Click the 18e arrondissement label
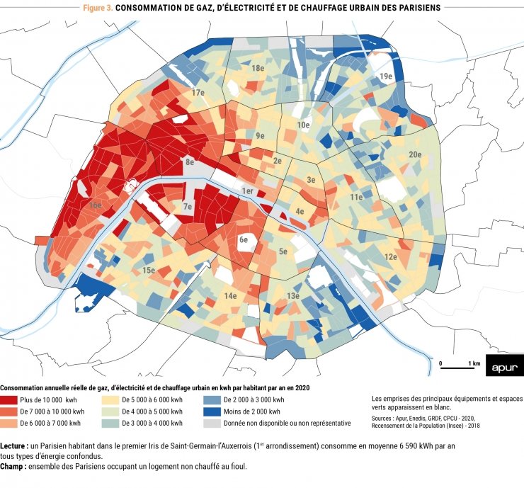coord(257,69)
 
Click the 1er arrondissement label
coord(247,191)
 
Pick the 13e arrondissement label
coord(292,295)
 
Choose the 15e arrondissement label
coord(148,271)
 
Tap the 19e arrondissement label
coord(385,76)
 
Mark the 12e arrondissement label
coord(390,256)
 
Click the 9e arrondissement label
coord(260,135)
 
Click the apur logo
coord(504,365)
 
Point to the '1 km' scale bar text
coord(474,363)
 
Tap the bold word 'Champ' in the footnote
coord(13,467)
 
